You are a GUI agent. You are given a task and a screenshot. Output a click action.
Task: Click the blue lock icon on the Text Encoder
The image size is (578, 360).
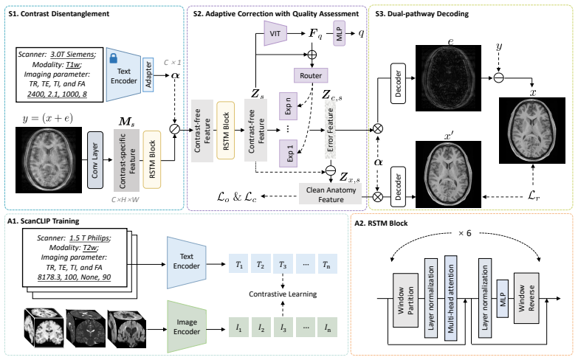pos(114,58)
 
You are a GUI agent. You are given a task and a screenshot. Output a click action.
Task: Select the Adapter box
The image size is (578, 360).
pos(148,75)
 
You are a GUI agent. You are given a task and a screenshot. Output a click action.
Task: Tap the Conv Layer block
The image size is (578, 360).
pos(95,160)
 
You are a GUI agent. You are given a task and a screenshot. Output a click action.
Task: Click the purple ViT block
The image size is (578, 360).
pos(275,33)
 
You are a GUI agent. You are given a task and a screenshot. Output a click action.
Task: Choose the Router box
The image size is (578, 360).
pos(311,75)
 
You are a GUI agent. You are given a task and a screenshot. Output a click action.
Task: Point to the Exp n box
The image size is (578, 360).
pos(289,106)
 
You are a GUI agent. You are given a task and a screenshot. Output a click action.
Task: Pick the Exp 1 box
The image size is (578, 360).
pos(289,153)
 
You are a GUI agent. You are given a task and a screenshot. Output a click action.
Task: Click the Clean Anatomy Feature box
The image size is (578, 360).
pos(331,194)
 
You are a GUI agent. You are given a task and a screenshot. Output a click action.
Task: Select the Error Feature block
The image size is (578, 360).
pos(330,129)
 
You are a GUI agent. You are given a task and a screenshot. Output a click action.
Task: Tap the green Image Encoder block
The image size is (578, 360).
pos(187,327)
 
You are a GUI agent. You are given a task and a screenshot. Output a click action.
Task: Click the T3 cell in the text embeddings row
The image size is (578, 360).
pos(283,264)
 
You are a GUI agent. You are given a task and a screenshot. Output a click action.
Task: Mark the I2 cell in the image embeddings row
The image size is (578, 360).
pos(261,328)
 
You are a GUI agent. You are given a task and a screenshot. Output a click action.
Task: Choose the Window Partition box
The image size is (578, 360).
pos(405,300)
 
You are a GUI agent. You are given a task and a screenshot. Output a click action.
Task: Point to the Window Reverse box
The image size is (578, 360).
pos(526,298)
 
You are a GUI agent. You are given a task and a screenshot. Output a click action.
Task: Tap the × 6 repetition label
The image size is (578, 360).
pos(464,233)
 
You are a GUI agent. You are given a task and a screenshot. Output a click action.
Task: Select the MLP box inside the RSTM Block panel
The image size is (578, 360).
pos(503,299)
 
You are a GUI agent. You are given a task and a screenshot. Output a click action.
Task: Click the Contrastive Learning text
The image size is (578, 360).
pos(283,294)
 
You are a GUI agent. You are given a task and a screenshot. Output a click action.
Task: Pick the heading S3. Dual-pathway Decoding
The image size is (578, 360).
pos(422,14)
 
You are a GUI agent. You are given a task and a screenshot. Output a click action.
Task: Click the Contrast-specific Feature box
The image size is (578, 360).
pos(126,160)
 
